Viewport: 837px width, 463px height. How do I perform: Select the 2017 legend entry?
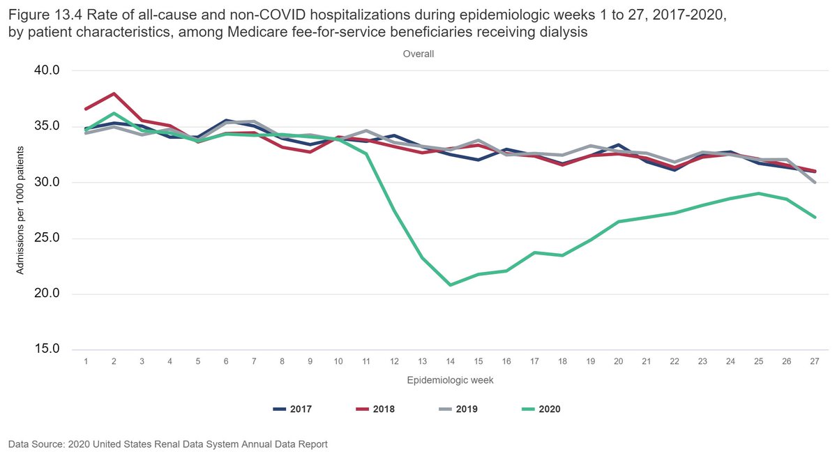coord(291,409)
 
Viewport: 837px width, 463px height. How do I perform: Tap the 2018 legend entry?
coord(373,409)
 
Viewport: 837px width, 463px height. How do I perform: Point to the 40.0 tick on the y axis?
coord(47,70)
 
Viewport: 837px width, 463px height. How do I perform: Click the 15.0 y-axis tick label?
coord(47,349)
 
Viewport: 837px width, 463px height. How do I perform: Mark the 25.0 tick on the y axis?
coord(47,238)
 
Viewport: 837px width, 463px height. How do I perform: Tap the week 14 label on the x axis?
coord(450,360)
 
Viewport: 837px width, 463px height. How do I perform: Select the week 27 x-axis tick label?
coord(814,360)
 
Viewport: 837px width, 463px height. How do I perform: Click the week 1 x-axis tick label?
coord(86,360)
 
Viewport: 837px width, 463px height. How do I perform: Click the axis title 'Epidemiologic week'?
coord(449,380)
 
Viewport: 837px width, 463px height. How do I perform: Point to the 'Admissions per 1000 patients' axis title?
coord(21,210)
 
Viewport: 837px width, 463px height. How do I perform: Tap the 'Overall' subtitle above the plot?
coord(418,54)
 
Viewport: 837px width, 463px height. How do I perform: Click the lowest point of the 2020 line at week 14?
coord(450,284)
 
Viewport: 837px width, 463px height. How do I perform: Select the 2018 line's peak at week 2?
coord(114,93)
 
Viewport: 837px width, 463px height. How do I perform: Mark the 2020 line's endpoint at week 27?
coord(814,217)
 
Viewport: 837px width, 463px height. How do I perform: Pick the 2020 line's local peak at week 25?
coord(758,193)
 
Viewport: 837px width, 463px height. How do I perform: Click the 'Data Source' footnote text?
coord(167,443)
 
